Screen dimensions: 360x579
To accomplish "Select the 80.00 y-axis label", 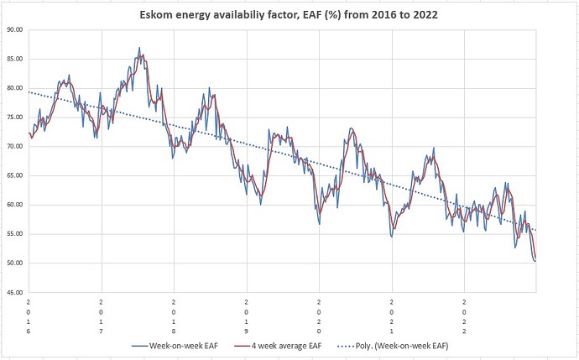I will click(13, 88).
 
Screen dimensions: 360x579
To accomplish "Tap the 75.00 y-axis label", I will click(13, 117).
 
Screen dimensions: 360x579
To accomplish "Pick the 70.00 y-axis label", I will click(13, 146).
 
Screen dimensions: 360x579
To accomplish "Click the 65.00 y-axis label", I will click(13, 175).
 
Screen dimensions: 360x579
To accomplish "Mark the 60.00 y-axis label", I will click(13, 205).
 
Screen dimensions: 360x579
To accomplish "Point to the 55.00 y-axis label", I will click(13, 234).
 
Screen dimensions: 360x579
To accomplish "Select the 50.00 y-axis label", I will click(13, 263).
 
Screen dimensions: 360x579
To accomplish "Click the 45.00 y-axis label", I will click(13, 293).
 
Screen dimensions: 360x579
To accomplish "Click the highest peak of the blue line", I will click(139, 48).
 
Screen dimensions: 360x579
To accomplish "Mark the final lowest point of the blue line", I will click(535, 261).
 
